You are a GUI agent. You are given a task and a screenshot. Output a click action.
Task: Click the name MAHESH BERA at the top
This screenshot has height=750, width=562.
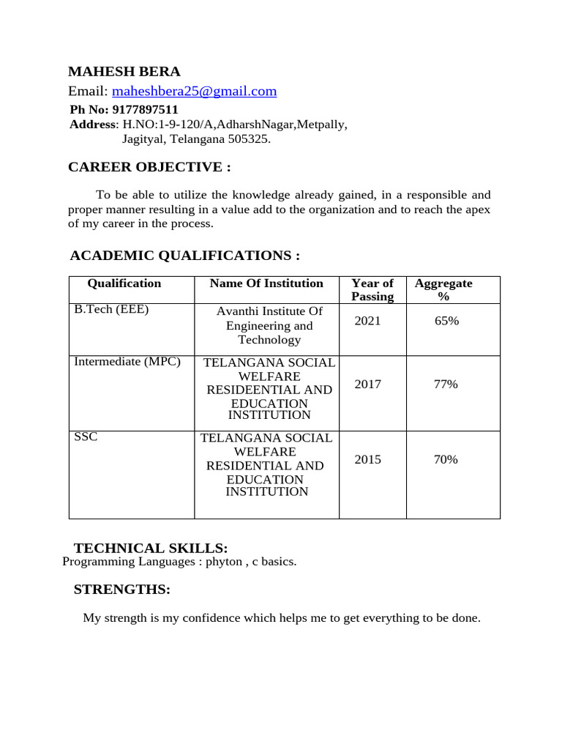point(124,72)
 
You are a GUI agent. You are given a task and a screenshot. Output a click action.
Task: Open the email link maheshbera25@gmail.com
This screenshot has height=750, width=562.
point(194,92)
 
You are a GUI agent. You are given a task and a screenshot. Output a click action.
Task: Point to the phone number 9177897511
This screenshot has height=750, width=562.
point(145,110)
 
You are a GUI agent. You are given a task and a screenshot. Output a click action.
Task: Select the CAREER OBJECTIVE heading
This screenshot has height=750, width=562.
point(149,168)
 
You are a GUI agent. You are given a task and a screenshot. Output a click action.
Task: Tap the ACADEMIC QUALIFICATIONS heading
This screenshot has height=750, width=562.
point(184,256)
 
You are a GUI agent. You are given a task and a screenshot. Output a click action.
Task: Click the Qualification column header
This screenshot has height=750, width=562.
point(124,283)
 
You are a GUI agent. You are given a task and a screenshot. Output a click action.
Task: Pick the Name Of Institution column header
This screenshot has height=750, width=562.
point(266,283)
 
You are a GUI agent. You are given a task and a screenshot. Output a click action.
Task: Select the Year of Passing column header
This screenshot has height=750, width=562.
point(372,290)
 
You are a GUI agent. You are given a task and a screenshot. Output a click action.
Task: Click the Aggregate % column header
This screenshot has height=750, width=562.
point(443,290)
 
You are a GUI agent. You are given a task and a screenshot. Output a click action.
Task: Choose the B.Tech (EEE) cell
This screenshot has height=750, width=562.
point(111,310)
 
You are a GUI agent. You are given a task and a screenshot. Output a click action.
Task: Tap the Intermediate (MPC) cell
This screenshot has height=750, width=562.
point(127,362)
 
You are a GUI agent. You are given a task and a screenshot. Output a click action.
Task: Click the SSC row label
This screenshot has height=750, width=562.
point(86,437)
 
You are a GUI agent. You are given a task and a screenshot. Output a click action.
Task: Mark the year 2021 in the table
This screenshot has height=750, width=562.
point(367,321)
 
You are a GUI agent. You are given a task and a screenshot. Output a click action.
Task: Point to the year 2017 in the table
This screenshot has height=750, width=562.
point(367,385)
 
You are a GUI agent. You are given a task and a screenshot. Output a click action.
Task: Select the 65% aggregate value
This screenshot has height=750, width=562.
point(446,321)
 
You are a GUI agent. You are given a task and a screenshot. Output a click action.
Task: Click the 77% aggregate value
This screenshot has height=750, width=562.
point(446,385)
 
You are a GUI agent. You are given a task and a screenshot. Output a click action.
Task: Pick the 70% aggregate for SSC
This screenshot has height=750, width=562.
point(446,460)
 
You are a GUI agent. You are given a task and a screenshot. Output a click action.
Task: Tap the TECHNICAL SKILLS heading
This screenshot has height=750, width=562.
point(151,549)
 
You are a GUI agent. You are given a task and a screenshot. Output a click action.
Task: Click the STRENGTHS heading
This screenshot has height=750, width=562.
point(122,590)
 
